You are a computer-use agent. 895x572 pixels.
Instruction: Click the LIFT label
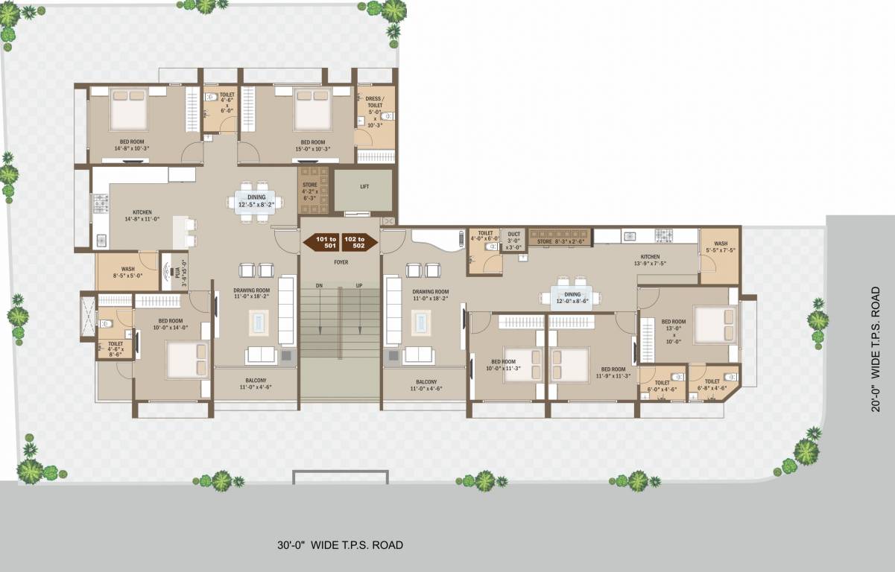[x=364, y=187]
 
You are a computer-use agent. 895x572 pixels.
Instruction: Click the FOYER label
[x=341, y=262]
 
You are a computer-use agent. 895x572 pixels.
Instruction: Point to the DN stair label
[x=319, y=285]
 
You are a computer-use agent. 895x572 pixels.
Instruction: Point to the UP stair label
[x=358, y=285]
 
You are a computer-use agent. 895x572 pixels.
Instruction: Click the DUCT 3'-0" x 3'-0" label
[x=514, y=240]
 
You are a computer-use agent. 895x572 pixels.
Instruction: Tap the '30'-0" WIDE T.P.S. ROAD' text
[x=339, y=545]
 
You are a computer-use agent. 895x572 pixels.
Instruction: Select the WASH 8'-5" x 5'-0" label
[x=127, y=273]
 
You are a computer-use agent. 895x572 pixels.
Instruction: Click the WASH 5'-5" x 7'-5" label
[x=721, y=247]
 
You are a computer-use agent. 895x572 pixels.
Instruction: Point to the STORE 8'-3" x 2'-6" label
[x=559, y=241]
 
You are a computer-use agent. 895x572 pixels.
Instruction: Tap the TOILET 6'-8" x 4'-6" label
[x=712, y=384]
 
